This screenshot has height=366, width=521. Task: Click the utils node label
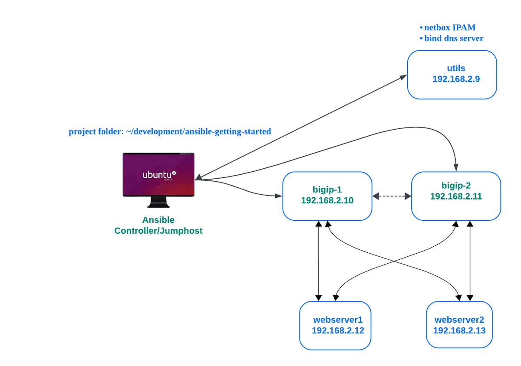(456, 68)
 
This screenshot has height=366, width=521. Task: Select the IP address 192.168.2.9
(456, 79)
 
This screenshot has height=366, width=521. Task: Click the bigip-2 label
(456, 186)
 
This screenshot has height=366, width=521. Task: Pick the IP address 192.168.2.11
(456, 196)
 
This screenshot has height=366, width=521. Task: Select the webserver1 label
(338, 320)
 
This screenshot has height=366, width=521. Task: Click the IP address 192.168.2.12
(338, 330)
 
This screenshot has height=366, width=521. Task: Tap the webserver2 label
(459, 320)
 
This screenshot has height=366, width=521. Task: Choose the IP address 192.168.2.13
(459, 330)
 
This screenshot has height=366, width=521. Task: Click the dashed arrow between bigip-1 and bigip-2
(392, 196)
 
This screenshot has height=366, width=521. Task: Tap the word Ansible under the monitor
(158, 220)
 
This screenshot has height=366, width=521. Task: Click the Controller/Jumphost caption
(158, 231)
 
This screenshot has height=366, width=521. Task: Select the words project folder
(95, 131)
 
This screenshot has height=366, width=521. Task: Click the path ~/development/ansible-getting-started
(198, 131)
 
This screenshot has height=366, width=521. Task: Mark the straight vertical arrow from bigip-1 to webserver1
(319, 260)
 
